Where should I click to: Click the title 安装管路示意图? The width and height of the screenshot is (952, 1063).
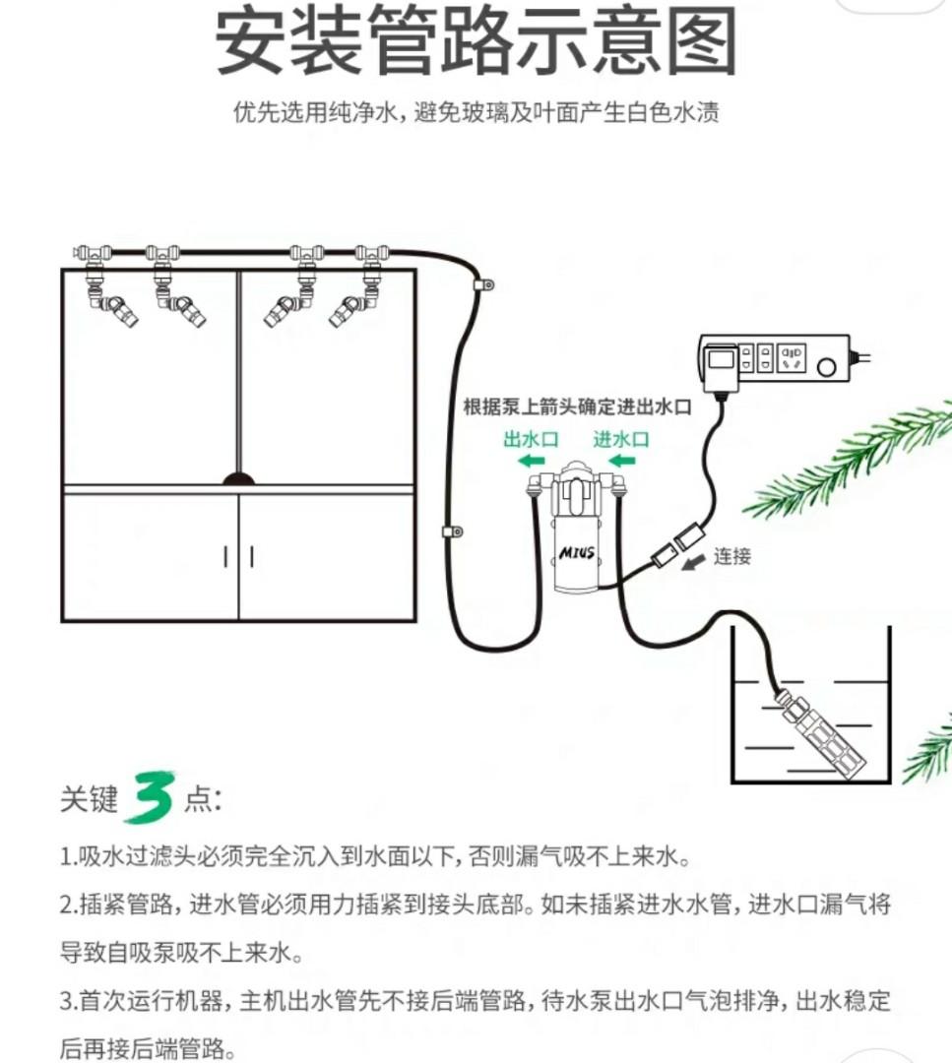476,41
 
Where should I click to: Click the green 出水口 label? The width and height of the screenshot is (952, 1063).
531,439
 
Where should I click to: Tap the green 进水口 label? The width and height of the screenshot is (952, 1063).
620,439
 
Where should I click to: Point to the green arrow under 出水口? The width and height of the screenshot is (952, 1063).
532,462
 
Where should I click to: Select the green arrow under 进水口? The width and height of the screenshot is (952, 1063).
620,462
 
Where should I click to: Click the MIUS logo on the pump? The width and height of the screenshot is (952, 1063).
578,554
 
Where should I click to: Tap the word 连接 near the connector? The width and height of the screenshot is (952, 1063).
732,556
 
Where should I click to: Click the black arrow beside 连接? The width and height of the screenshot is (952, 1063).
697,560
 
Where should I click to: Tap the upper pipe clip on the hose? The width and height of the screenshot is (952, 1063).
482,286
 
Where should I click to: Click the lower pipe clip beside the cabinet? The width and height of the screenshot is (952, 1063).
452,532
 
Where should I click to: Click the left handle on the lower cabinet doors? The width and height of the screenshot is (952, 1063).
226,556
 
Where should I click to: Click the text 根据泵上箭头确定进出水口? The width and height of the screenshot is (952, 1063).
578,406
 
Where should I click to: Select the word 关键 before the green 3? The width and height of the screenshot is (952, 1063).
89,800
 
